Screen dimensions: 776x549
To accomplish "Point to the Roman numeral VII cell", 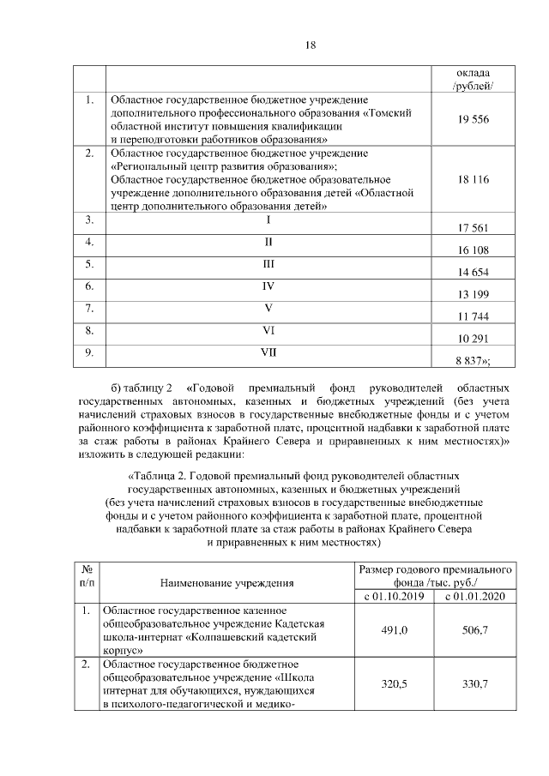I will (268, 352).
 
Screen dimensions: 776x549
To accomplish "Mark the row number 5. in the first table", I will (88, 264).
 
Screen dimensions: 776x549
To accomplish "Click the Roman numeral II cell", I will (268, 242).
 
